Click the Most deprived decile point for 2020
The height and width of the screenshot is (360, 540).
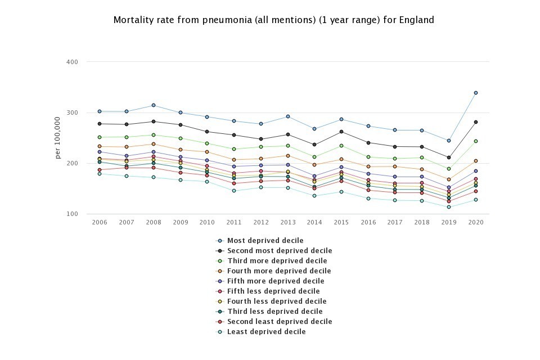click(x=476, y=93)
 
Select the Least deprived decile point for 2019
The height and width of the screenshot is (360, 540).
click(x=449, y=207)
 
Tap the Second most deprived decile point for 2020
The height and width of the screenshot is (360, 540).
click(x=476, y=122)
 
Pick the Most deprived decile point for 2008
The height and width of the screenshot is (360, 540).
click(x=153, y=106)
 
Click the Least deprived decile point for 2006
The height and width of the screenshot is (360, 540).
click(x=100, y=174)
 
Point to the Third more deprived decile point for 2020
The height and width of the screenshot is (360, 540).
click(x=476, y=141)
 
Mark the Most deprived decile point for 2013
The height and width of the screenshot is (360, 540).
click(x=287, y=116)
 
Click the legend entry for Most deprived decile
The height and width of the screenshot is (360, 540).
click(x=265, y=241)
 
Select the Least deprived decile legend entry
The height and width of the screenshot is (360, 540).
click(x=266, y=332)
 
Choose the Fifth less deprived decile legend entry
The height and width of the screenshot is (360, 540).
click(x=273, y=291)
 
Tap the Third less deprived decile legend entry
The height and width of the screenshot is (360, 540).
click(x=274, y=312)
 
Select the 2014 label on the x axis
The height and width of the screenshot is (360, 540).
click(x=314, y=222)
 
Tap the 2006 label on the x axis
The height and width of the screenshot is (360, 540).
click(x=100, y=222)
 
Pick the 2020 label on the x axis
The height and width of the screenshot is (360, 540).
click(x=476, y=222)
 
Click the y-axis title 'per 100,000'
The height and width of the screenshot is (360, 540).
click(x=58, y=138)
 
